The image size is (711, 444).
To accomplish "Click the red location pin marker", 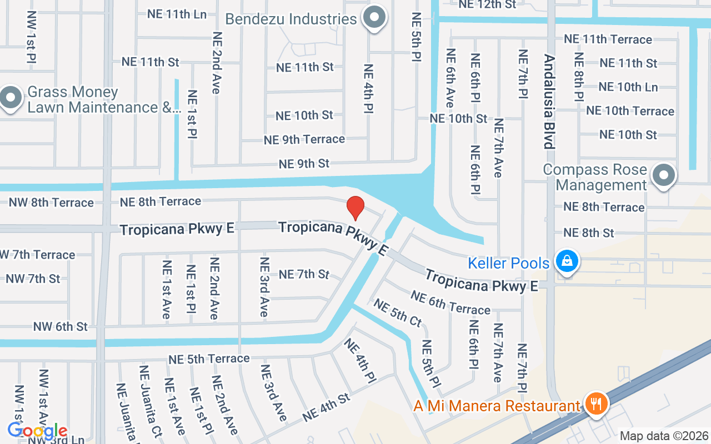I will pos(355,208).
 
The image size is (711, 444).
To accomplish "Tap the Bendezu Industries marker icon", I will pos(375,18).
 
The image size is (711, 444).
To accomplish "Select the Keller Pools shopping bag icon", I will pos(567,262).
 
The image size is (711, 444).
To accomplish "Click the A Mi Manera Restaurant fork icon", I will pos(596,405).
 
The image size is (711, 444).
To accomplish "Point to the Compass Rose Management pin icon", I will pos(663,176).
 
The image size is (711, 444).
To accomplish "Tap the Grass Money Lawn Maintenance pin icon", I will pos(11,99).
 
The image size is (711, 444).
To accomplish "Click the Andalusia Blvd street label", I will pos(549,102).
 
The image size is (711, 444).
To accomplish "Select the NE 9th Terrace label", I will pos(304,139).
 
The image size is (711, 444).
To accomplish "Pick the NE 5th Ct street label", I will pos(398,312).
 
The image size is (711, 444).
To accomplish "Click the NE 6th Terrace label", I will pos(450,303).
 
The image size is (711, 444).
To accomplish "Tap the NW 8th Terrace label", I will pos(51,202).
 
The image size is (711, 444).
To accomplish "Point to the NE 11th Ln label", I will pos(177,14).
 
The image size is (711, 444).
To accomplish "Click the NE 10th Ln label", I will pos(628,87).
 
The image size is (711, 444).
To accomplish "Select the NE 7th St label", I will pos(304,274).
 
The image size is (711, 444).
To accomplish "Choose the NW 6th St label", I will pos(60,326).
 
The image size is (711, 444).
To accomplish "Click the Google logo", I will pos(38,431).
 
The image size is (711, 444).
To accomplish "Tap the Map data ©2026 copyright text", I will pos(664,436).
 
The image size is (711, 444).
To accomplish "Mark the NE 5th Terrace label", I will pos(209,359).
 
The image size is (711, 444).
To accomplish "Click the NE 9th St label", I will pos(304,164).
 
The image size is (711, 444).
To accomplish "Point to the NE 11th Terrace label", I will pos(608,39).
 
